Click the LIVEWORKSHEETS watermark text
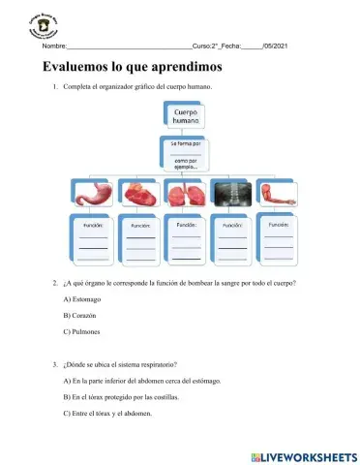(x=309, y=454)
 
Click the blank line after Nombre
(x=129, y=46)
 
